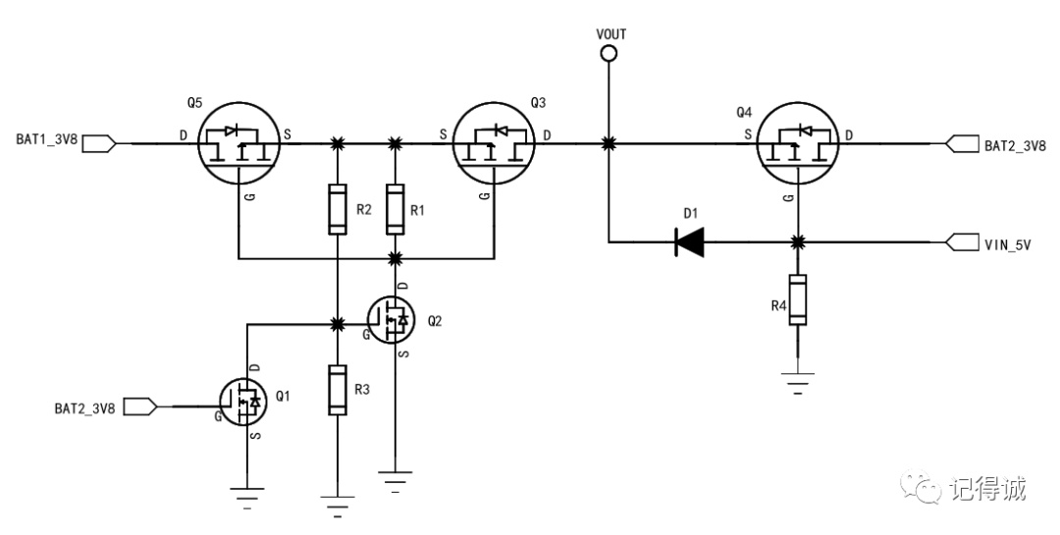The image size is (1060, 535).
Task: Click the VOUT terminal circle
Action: coord(609,53)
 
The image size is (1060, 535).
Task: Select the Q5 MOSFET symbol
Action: coord(239,143)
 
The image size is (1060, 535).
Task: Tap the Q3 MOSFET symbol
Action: coord(494,143)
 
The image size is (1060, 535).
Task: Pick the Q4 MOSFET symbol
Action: coord(798,143)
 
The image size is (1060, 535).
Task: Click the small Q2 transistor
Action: coord(391,319)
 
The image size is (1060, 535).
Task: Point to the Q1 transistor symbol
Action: coord(242,402)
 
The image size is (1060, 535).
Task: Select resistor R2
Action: coord(338,208)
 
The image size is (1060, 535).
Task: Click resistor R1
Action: coord(396,208)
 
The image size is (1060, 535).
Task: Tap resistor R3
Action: coord(338,390)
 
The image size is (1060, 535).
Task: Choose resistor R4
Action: coord(798,299)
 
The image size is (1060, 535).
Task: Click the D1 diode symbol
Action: coord(690,241)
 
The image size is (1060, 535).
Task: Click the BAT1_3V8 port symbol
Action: coord(99,143)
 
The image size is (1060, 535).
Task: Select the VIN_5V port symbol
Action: coord(963,241)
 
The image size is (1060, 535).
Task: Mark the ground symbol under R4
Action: coord(798,383)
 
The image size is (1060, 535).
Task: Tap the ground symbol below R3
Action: coord(338,506)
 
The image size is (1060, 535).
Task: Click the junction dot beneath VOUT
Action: coord(609,143)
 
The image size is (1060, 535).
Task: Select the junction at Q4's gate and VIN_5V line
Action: coord(798,241)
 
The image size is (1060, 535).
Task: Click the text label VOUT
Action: coord(611,33)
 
